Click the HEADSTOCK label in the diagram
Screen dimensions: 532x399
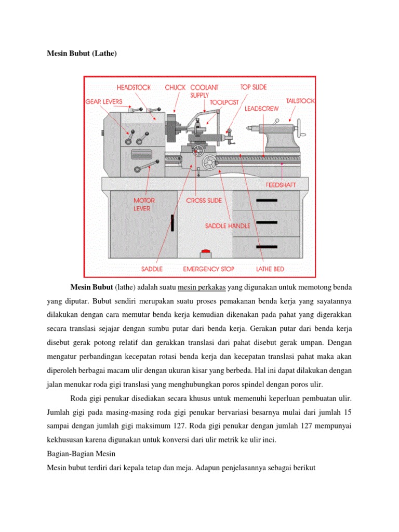point(134,87)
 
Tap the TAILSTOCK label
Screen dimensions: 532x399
point(300,101)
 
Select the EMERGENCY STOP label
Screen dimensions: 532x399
point(208,269)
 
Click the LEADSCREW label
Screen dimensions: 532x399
point(261,109)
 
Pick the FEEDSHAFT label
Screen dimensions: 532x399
point(281,184)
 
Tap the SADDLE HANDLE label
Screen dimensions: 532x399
point(228,226)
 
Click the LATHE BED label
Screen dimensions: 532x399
point(270,269)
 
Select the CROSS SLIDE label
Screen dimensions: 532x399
point(203,201)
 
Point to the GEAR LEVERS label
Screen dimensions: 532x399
point(104,102)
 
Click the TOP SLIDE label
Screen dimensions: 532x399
point(254,87)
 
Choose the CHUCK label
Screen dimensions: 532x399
point(175,87)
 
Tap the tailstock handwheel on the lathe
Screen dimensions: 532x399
point(298,128)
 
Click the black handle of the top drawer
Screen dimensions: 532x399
point(267,200)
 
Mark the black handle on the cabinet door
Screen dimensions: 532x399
point(172,222)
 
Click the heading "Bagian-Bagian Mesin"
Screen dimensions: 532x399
point(77,453)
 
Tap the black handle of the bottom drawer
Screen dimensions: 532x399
point(267,245)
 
